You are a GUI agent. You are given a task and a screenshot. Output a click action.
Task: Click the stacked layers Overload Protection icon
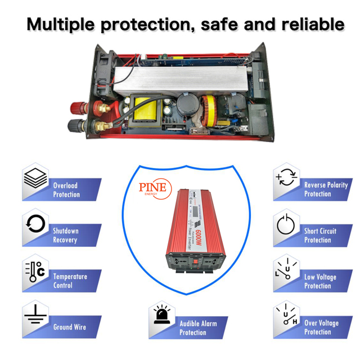click(x=35, y=180)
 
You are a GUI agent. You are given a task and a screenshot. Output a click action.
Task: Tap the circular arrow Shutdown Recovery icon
click(x=35, y=224)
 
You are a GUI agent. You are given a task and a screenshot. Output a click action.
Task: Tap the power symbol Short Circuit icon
click(x=286, y=224)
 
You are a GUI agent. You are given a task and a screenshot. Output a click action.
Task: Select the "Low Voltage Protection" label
click(x=321, y=281)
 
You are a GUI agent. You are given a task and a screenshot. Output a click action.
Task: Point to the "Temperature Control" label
click(x=70, y=281)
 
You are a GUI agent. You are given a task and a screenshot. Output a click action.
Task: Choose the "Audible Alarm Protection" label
click(x=197, y=328)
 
